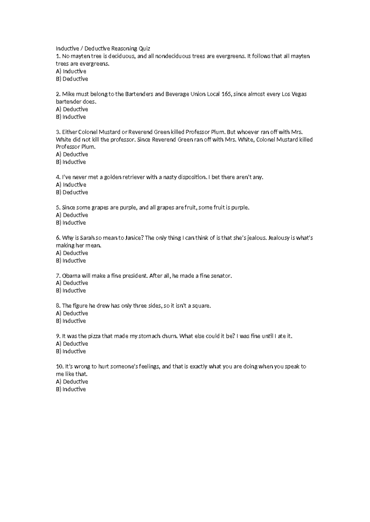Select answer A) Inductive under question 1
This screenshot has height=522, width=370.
click(71, 71)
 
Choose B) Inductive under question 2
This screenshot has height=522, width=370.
click(71, 117)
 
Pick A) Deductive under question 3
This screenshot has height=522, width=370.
click(72, 155)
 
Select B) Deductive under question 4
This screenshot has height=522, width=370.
click(72, 192)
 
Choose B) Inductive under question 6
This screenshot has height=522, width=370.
click(71, 261)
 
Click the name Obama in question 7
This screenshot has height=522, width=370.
click(71, 276)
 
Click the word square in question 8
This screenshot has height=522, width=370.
click(202, 306)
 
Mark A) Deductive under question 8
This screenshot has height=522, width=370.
click(72, 313)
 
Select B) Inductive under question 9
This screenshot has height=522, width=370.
click(71, 351)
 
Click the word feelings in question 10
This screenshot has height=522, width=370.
click(150, 367)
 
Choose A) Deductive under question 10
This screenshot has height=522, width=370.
click(72, 382)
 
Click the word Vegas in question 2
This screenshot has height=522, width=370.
click(299, 94)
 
